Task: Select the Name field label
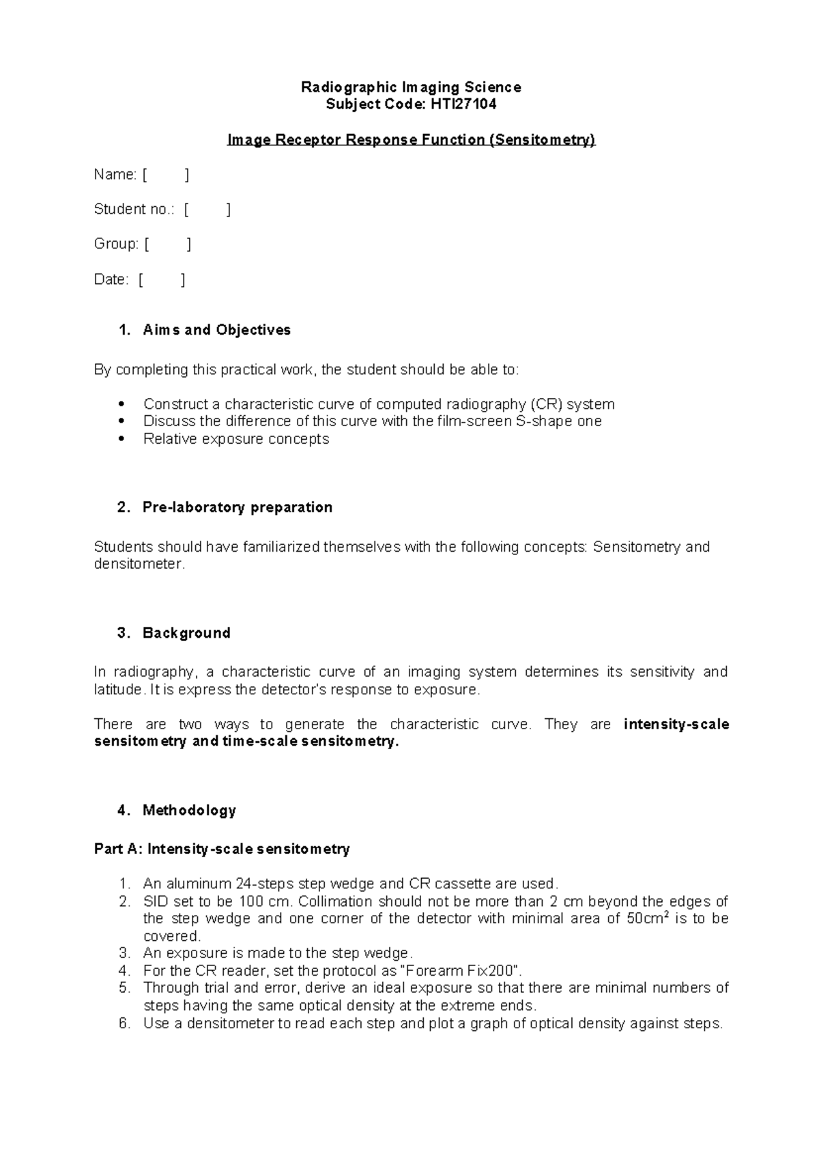point(115,175)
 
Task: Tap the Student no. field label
point(134,210)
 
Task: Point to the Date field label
point(111,279)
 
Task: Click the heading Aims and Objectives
point(216,330)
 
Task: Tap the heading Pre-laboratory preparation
point(237,507)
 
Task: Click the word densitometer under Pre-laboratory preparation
point(138,565)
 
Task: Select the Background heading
point(186,633)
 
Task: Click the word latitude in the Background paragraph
point(117,690)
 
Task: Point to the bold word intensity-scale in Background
point(676,724)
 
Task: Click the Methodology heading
point(189,810)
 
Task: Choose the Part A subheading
point(221,849)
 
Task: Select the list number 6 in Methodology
point(124,1023)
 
